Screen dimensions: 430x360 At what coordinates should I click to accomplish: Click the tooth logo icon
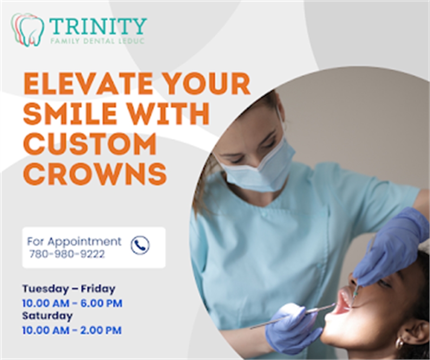[27, 29]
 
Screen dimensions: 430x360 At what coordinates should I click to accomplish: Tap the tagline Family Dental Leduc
[97, 41]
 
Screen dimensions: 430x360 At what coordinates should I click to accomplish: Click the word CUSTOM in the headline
[90, 144]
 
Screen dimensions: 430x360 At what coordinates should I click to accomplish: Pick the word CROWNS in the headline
[95, 174]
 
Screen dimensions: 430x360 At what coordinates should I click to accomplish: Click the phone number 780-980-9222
[67, 254]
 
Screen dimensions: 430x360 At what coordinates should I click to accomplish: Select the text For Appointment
[74, 241]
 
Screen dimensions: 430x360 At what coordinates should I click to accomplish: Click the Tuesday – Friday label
[69, 289]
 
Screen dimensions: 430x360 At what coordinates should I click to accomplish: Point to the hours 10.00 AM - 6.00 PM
[72, 303]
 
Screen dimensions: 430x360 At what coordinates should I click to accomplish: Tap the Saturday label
[47, 316]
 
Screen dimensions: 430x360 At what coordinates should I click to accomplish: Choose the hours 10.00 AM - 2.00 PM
[72, 330]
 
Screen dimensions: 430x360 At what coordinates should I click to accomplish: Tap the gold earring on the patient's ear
[400, 343]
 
